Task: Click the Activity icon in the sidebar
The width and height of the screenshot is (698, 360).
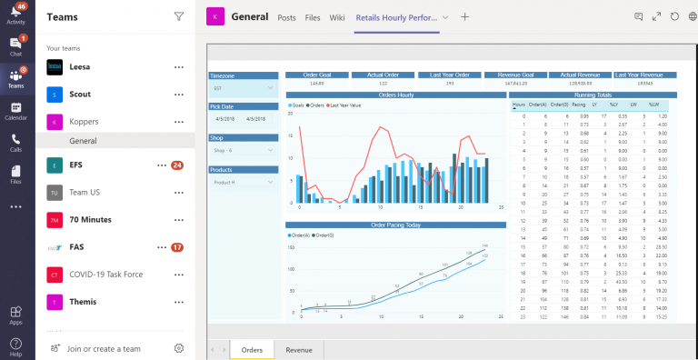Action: (16, 13)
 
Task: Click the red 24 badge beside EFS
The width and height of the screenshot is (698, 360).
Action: (177, 165)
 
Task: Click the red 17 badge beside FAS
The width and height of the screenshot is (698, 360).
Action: (177, 247)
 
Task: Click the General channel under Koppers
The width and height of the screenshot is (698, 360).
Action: (83, 141)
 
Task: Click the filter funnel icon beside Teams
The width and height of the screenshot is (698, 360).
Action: (178, 16)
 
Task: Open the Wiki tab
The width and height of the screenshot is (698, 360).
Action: (337, 17)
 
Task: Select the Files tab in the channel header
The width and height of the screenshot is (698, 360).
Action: (312, 17)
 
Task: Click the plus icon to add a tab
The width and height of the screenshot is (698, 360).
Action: (464, 16)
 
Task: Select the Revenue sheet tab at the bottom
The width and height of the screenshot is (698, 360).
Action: (299, 350)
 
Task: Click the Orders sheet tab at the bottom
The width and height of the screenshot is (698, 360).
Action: (252, 350)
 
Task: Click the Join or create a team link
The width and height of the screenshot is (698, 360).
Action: (104, 347)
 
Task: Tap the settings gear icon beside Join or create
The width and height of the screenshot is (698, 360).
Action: (179, 347)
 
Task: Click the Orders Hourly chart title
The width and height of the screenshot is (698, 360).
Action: (395, 94)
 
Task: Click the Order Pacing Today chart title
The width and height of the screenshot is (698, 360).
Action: (395, 225)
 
